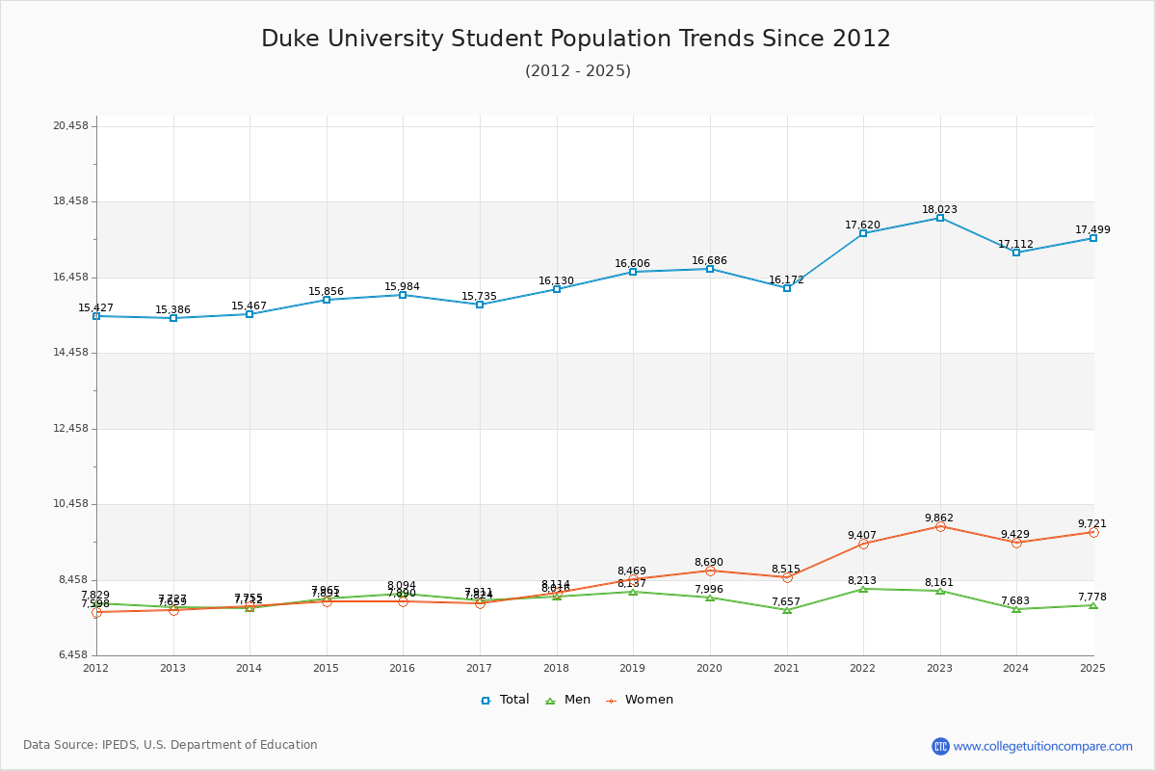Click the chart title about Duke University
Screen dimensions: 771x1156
[576, 39]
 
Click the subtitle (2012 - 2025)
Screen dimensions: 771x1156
[578, 71]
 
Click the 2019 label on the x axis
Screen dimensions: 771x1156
[633, 668]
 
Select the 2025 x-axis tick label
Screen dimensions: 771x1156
[1092, 668]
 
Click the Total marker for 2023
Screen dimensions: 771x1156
[940, 218]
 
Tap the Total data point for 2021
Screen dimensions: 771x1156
[787, 288]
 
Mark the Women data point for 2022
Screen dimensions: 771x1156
[863, 544]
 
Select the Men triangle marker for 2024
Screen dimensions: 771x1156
[1016, 609]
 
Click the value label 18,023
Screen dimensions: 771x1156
[939, 209]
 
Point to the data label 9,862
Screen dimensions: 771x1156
[939, 518]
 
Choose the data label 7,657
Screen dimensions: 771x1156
[786, 601]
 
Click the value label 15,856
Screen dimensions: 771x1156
[326, 291]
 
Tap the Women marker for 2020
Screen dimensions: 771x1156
[710, 571]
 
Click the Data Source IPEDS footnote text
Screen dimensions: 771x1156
[171, 745]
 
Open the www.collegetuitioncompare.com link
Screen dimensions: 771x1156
[1042, 746]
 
